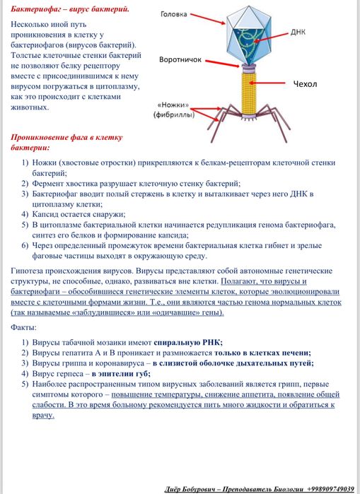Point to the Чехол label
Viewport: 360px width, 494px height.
[306, 84]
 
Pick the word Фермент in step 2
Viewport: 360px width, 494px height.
[47, 183]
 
